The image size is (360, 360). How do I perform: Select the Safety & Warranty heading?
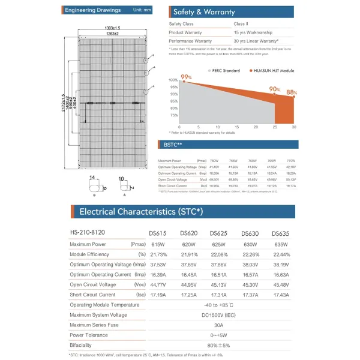click(203, 11)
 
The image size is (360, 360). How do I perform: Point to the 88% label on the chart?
click(292, 92)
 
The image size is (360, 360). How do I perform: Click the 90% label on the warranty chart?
click(275, 89)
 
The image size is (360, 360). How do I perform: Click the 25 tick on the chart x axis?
click(274, 127)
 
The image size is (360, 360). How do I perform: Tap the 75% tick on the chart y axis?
click(173, 115)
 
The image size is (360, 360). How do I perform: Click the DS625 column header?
click(218, 233)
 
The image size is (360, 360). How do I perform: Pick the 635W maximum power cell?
click(280, 244)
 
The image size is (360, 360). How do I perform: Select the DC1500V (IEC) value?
click(219, 315)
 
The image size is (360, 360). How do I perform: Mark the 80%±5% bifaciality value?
click(219, 346)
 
